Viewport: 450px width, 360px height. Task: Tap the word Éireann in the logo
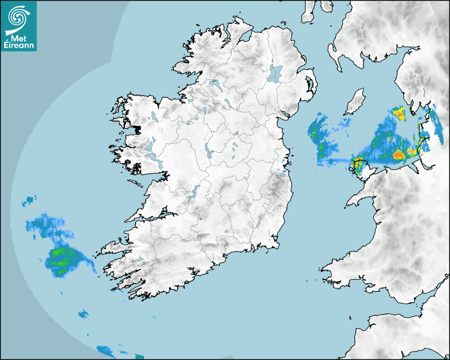click(19, 46)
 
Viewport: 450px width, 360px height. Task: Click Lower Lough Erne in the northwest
click(215, 85)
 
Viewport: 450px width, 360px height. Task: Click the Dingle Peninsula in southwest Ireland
click(114, 247)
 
